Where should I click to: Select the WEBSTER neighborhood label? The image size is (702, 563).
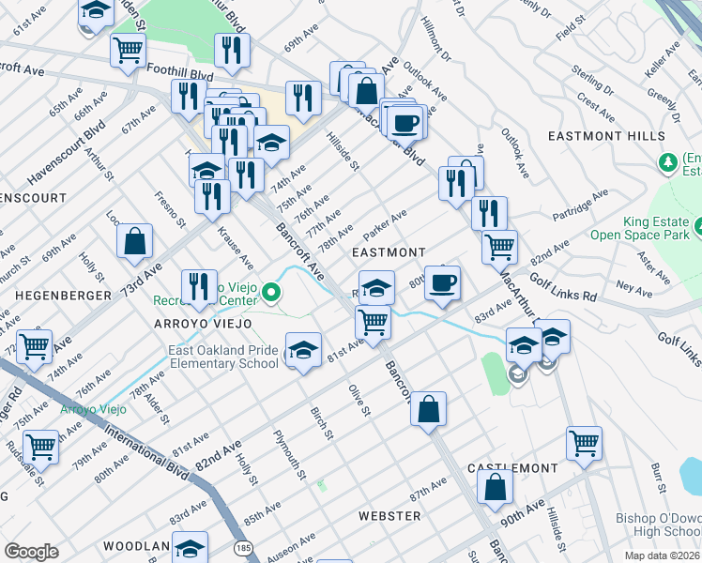(x=389, y=516)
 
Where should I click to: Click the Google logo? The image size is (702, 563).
(x=31, y=552)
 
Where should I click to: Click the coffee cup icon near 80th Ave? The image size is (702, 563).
(x=443, y=281)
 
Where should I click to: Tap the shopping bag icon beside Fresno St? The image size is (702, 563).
(x=135, y=241)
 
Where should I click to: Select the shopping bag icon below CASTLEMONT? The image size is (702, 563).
(x=496, y=487)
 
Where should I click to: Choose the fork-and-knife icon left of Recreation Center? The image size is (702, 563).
(x=197, y=285)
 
